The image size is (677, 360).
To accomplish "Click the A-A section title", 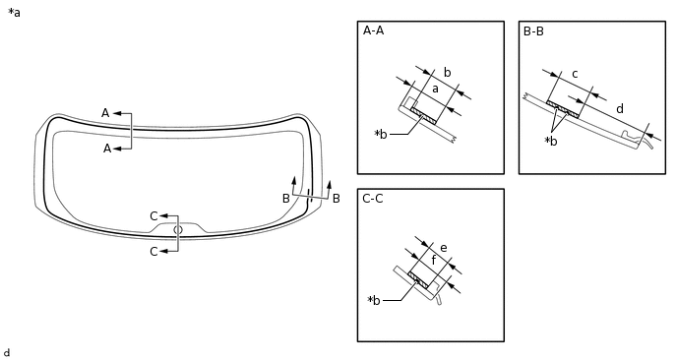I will coord(373,30).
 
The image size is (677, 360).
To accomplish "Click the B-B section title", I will coord(533,30).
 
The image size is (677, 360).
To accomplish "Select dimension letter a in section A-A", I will coord(434,90).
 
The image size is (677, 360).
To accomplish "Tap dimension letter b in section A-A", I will coord(447,73).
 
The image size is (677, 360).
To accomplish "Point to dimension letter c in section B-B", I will coord(575,73).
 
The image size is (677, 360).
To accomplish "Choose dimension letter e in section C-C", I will coord(444,248).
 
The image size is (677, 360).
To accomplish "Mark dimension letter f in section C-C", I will coord(434,262).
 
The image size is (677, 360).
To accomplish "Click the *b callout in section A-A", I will coord(381,134).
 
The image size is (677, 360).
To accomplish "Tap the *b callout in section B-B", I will coord(551,141).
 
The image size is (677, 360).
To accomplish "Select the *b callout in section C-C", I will coord(374,300).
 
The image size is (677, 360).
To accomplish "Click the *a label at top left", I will coord(14,13).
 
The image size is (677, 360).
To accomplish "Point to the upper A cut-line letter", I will coord(105,113).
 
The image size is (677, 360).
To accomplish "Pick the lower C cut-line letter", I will coord(154,252).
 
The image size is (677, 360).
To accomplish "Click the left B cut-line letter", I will coord(286,199).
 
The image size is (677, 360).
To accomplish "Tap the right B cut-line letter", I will coord(336,199).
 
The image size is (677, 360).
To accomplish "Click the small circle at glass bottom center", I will coord(178,230).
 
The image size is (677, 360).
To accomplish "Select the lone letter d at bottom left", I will coord(7,352).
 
